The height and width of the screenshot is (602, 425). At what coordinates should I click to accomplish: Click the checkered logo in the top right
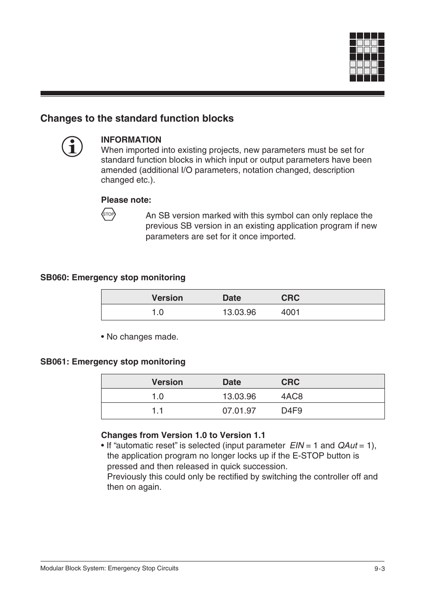(x=367, y=57)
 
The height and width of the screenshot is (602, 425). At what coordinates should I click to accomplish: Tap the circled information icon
(x=72, y=147)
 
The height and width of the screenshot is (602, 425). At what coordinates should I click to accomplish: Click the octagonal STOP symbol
(x=108, y=214)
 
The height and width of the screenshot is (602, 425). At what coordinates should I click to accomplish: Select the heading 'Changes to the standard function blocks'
(x=137, y=119)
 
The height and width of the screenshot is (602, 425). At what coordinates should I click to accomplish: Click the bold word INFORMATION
(x=131, y=140)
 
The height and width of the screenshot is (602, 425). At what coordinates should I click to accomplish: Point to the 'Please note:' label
(x=126, y=200)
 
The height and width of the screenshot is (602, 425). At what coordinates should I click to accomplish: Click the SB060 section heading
(x=113, y=278)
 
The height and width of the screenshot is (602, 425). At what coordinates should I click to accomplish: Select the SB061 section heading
(x=113, y=362)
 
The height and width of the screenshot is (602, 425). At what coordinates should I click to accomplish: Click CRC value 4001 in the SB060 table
(x=290, y=312)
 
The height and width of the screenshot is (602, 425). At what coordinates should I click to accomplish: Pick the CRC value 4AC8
(x=292, y=397)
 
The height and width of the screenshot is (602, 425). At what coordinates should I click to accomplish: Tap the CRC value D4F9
(x=291, y=411)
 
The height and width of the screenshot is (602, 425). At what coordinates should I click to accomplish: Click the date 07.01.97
(x=239, y=411)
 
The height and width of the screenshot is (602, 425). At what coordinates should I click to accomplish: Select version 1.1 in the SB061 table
(x=157, y=411)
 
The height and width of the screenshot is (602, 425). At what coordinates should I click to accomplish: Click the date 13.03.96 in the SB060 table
(x=239, y=312)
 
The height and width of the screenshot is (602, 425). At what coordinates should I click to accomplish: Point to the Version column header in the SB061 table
(x=167, y=382)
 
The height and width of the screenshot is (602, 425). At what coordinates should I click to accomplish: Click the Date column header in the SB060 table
(x=232, y=298)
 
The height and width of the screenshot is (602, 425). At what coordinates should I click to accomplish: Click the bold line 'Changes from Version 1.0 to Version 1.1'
(x=183, y=435)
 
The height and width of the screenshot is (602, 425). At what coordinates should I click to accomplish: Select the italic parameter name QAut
(x=347, y=446)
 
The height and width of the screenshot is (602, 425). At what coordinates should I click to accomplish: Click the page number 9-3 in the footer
(x=379, y=569)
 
